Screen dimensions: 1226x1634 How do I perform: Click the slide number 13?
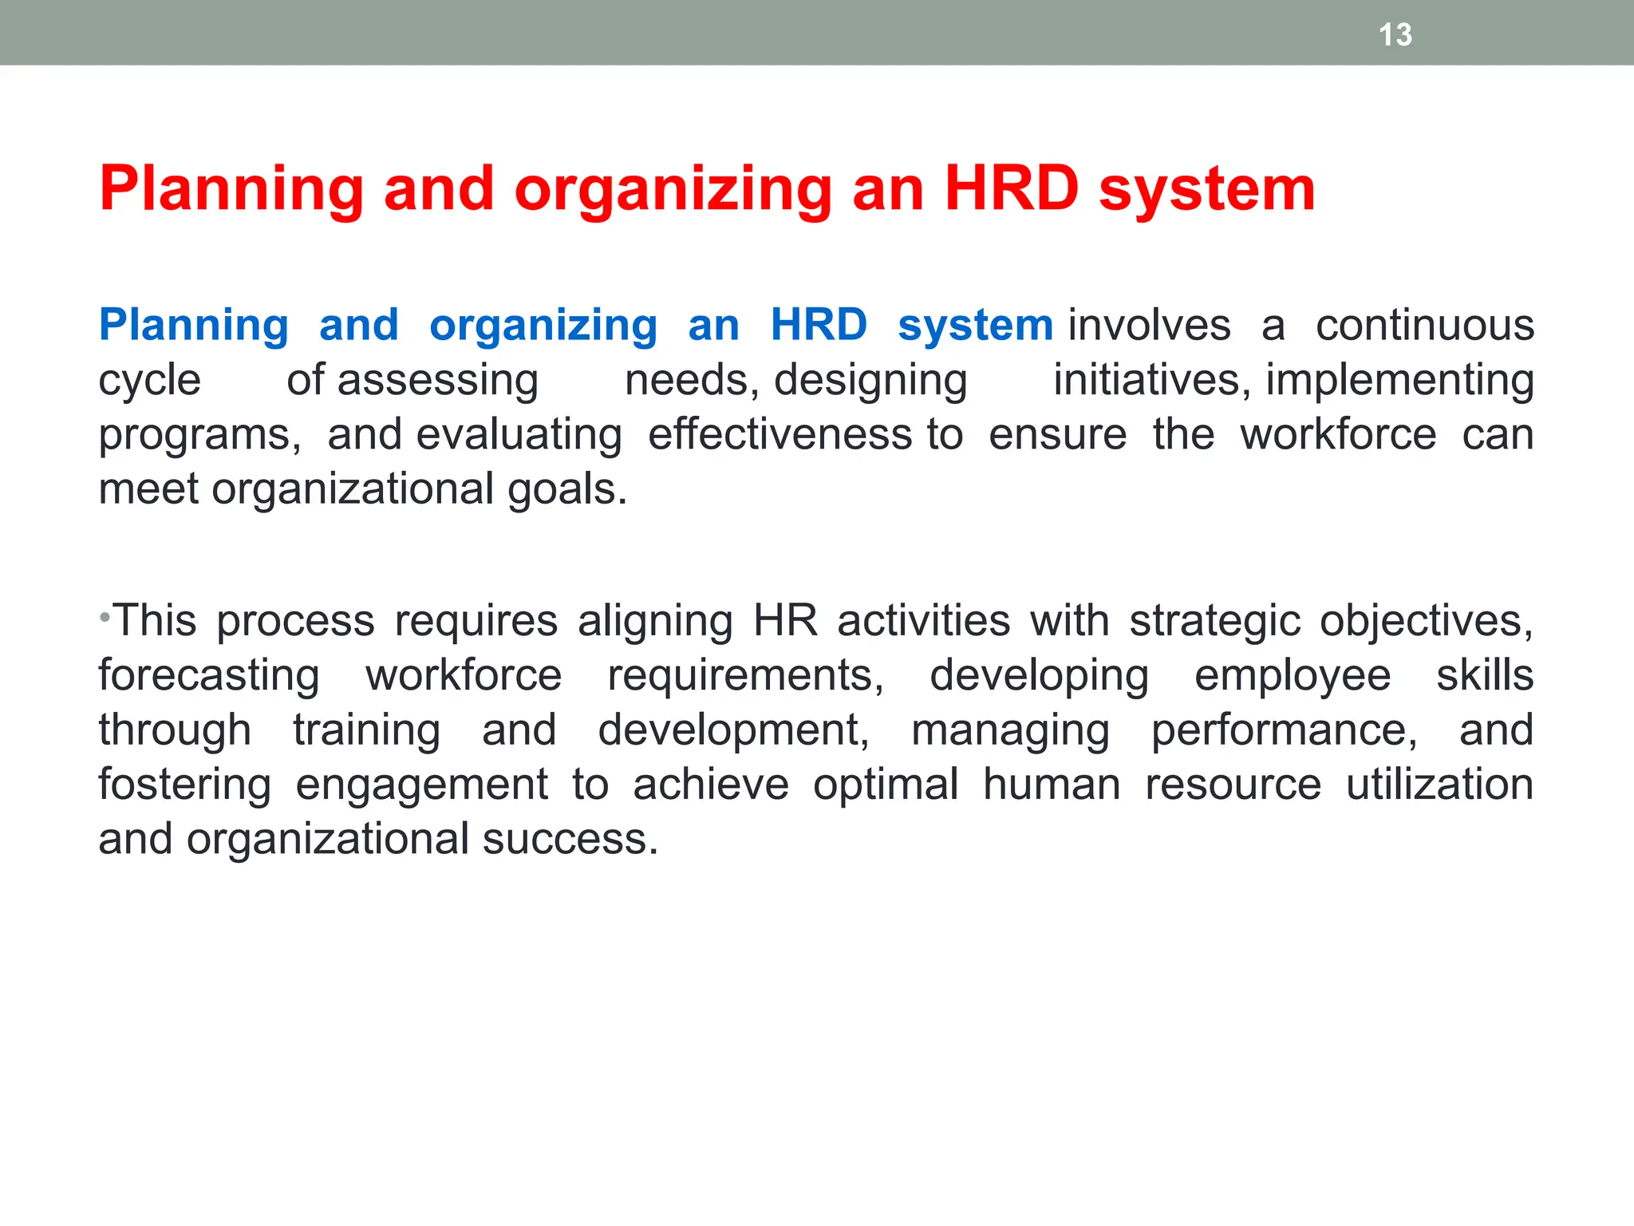(x=1395, y=35)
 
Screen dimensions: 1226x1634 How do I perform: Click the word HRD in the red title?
(x=1011, y=190)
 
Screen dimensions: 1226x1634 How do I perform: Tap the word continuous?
(x=1424, y=326)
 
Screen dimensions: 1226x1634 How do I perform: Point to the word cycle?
(x=149, y=382)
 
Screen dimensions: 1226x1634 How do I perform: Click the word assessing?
(x=438, y=382)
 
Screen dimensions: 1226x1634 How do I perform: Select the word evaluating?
(x=519, y=436)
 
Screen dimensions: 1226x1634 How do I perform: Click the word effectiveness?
(x=780, y=435)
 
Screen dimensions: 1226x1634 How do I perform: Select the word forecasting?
(x=209, y=677)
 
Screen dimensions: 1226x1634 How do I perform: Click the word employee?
(x=1293, y=677)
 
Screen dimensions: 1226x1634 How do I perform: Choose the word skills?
(x=1485, y=675)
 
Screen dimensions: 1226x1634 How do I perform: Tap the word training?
(x=366, y=731)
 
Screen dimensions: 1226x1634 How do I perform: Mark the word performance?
(x=1284, y=731)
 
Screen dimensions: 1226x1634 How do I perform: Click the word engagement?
(x=421, y=785)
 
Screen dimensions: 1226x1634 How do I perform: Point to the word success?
(x=570, y=839)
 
